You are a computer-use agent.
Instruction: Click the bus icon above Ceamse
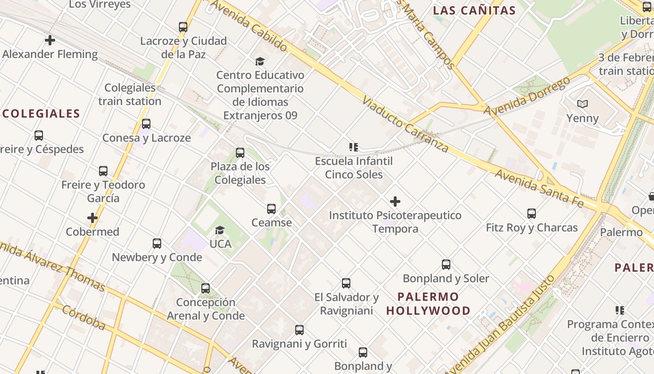pyautogui.click(x=271, y=209)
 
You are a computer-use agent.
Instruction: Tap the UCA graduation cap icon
pyautogui.click(x=220, y=230)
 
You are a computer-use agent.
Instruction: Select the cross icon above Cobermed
pyautogui.click(x=92, y=218)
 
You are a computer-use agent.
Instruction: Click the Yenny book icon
pyautogui.click(x=582, y=104)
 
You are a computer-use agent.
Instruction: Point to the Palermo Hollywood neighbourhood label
pyautogui.click(x=428, y=303)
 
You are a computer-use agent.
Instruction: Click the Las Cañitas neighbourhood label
pyautogui.click(x=474, y=11)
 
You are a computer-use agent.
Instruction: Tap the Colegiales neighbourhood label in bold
pyautogui.click(x=41, y=114)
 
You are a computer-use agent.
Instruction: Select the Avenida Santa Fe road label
pyautogui.click(x=539, y=188)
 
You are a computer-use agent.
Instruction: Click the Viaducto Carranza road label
pyautogui.click(x=405, y=125)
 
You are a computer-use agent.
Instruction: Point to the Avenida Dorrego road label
pyautogui.click(x=526, y=97)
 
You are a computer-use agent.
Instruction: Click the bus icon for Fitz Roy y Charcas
pyautogui.click(x=532, y=214)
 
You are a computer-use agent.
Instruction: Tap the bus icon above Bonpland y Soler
pyautogui.click(x=446, y=265)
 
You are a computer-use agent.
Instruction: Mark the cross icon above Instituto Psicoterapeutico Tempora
pyautogui.click(x=395, y=201)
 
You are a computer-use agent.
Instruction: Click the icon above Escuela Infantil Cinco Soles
pyautogui.click(x=354, y=147)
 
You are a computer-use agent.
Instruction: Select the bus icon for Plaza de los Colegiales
pyautogui.click(x=240, y=153)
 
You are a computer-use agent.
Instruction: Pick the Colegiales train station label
pyautogui.click(x=130, y=94)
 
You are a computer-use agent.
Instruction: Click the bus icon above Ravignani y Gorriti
pyautogui.click(x=299, y=330)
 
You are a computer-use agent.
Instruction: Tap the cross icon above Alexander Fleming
pyautogui.click(x=50, y=40)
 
